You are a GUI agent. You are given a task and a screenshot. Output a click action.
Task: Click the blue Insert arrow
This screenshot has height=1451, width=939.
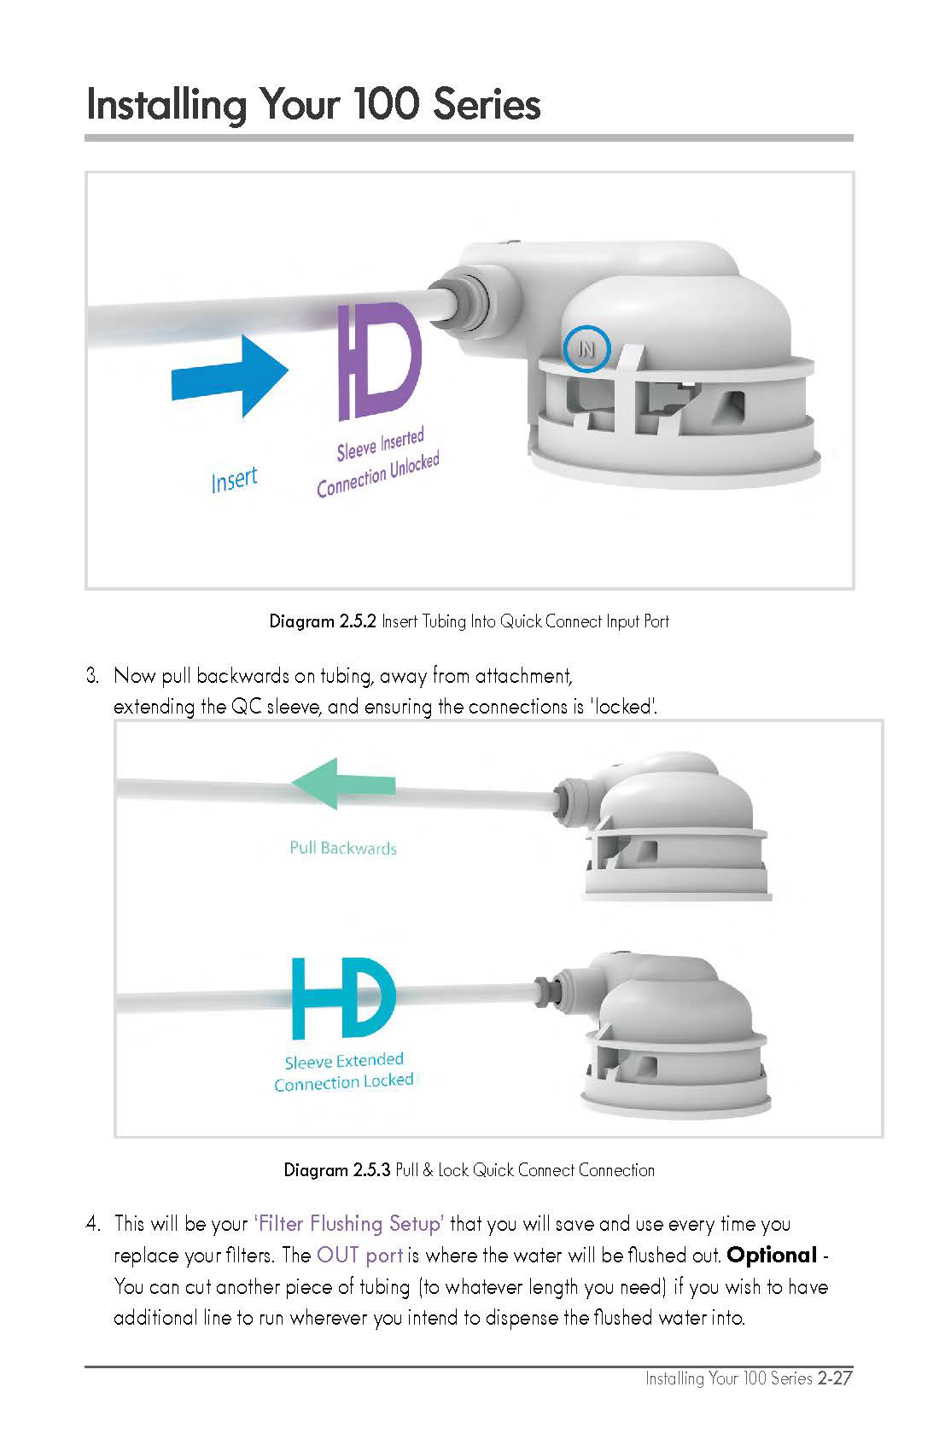click(230, 376)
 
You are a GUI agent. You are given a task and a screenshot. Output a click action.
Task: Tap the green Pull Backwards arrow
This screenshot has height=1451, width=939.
click(343, 784)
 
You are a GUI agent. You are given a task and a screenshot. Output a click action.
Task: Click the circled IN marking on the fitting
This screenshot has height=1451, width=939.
click(586, 349)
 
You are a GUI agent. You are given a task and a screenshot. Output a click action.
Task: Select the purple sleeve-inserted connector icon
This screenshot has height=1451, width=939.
click(381, 361)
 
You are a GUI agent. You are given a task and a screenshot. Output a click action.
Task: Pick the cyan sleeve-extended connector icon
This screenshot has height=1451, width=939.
click(343, 999)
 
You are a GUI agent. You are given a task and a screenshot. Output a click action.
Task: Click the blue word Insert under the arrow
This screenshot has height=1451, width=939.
click(234, 480)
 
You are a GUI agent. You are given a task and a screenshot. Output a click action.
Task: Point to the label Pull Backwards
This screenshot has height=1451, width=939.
click(343, 848)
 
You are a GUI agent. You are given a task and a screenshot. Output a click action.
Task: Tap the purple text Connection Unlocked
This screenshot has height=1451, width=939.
click(378, 475)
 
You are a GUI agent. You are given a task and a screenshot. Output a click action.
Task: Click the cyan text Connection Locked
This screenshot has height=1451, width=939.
click(343, 1081)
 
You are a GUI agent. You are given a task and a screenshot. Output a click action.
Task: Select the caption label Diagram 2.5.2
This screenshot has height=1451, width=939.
click(323, 621)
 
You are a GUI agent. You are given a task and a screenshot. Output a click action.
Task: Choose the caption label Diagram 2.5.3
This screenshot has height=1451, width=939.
click(337, 1170)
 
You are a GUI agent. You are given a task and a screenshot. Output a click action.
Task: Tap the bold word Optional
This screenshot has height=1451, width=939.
click(772, 1256)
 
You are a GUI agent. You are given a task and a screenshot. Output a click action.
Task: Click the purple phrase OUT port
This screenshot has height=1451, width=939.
click(359, 1256)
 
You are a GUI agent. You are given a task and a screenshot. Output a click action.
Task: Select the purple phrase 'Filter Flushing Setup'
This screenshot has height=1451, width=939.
click(348, 1224)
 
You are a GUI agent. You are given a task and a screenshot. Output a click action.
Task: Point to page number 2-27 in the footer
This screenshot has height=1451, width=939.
click(835, 1378)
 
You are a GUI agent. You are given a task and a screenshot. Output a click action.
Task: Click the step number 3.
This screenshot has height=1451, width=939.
click(92, 676)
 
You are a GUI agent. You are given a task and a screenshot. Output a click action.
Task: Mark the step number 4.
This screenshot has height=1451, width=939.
click(93, 1224)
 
